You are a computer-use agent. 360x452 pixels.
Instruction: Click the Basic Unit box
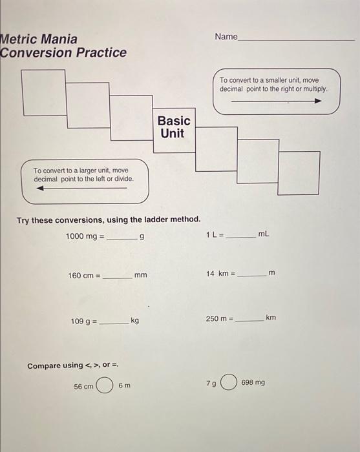pos(174,129)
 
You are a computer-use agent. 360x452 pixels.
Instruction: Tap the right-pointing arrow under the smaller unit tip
pos(276,101)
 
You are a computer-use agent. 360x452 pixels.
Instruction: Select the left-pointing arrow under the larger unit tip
pos(81,189)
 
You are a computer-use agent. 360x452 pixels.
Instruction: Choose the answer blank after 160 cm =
pos(118,277)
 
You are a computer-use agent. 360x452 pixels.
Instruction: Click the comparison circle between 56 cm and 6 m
pos(105,386)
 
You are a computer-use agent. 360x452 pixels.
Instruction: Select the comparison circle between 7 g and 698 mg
pos(228,383)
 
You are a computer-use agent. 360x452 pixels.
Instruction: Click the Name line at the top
pos(296,39)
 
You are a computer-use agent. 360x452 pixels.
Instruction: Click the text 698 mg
pos(253,383)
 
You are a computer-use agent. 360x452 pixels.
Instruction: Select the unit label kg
pos(134,321)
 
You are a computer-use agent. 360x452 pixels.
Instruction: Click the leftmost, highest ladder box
pos(43,90)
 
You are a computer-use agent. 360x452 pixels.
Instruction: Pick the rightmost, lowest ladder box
pos(299,172)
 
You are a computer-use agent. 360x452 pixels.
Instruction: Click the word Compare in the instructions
pos(45,366)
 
